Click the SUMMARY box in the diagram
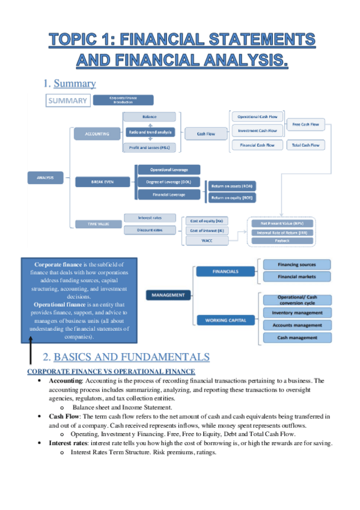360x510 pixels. (x=67, y=101)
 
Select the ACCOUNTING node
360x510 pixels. (x=97, y=134)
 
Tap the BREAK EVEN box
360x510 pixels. (x=97, y=180)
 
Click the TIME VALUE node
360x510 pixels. (x=90, y=224)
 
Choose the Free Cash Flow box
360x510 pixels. (x=305, y=124)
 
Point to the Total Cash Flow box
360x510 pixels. (x=305, y=145)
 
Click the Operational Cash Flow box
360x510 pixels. (x=257, y=116)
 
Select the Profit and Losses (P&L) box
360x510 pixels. (x=150, y=148)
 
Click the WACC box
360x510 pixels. (x=206, y=241)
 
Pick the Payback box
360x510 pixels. (x=282, y=241)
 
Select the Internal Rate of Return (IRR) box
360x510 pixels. (x=282, y=232)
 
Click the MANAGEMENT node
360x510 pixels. (x=168, y=295)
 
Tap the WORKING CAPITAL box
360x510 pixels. (x=225, y=320)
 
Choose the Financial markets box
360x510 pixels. (x=297, y=277)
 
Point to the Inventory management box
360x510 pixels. (x=297, y=313)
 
